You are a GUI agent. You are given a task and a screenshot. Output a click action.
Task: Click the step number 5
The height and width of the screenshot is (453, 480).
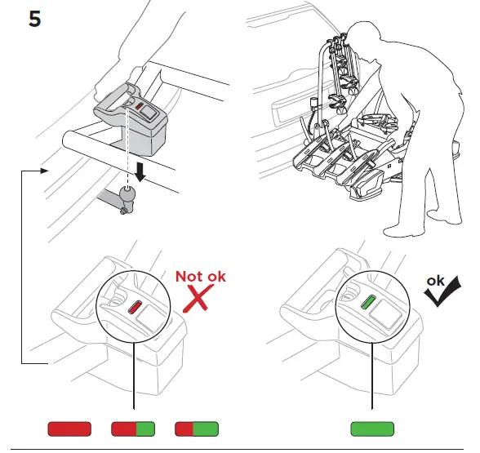[35, 19]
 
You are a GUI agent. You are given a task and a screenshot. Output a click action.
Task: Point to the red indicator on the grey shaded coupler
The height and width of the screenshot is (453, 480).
[140, 106]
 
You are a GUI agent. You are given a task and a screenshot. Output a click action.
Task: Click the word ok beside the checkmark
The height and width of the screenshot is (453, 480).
[435, 279]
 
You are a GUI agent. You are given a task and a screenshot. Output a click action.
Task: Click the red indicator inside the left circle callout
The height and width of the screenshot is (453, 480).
[135, 309]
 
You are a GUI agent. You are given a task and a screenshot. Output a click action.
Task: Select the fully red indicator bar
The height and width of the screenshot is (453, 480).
[69, 429]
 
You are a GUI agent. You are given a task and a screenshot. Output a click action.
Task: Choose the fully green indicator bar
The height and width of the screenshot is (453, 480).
[372, 429]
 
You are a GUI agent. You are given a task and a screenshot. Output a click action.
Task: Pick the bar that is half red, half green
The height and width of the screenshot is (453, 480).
[133, 429]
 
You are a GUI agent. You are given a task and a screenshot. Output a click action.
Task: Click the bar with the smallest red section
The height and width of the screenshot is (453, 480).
[197, 429]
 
